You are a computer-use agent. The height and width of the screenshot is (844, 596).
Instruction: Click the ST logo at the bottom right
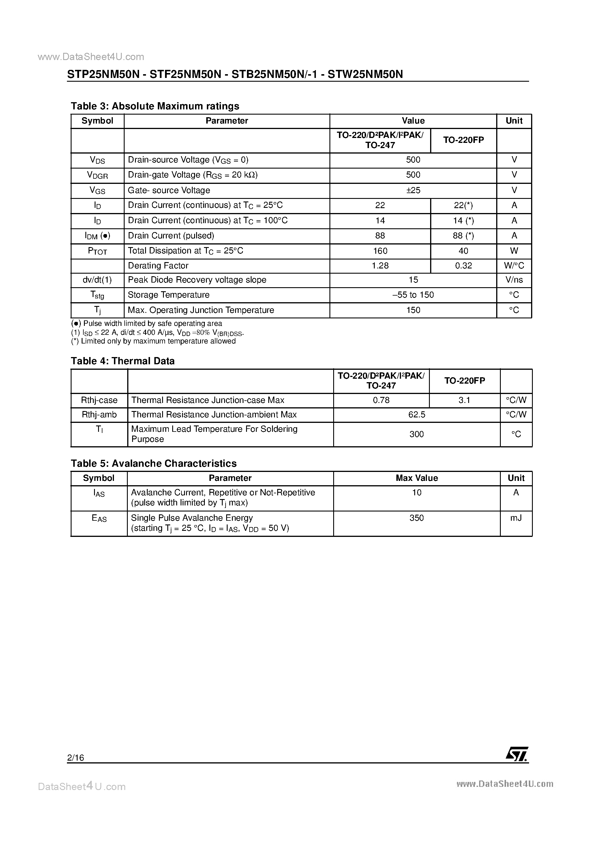coord(517,754)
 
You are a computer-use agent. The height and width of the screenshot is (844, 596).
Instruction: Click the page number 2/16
coord(76,757)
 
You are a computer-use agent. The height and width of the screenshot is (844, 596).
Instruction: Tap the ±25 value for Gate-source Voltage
coord(413,191)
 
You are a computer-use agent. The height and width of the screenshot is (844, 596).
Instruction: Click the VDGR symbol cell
coord(98,175)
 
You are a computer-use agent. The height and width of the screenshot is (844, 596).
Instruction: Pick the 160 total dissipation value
coord(380,251)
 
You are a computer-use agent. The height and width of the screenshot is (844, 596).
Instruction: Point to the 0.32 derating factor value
coord(463,266)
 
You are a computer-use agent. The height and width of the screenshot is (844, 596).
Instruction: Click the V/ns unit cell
coord(514,280)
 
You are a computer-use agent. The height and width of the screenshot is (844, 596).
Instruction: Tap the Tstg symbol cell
coord(98,295)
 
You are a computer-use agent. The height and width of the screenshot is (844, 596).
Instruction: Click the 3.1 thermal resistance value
coord(464,400)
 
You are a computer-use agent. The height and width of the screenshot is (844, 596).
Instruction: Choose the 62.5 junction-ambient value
coord(416,415)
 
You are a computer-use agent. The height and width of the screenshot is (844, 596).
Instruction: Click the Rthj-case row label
coord(99,400)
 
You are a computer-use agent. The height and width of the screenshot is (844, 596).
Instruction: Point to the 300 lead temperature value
coord(416,434)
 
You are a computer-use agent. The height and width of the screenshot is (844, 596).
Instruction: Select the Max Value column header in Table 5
coord(416,478)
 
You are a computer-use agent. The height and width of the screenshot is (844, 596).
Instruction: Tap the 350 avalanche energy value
coord(416,518)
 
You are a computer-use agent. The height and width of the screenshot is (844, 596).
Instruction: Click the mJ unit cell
coord(516,518)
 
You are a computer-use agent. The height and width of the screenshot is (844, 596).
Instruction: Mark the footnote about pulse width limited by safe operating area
coord(147,324)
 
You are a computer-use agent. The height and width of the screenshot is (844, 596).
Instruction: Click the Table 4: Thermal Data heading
coord(122,361)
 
